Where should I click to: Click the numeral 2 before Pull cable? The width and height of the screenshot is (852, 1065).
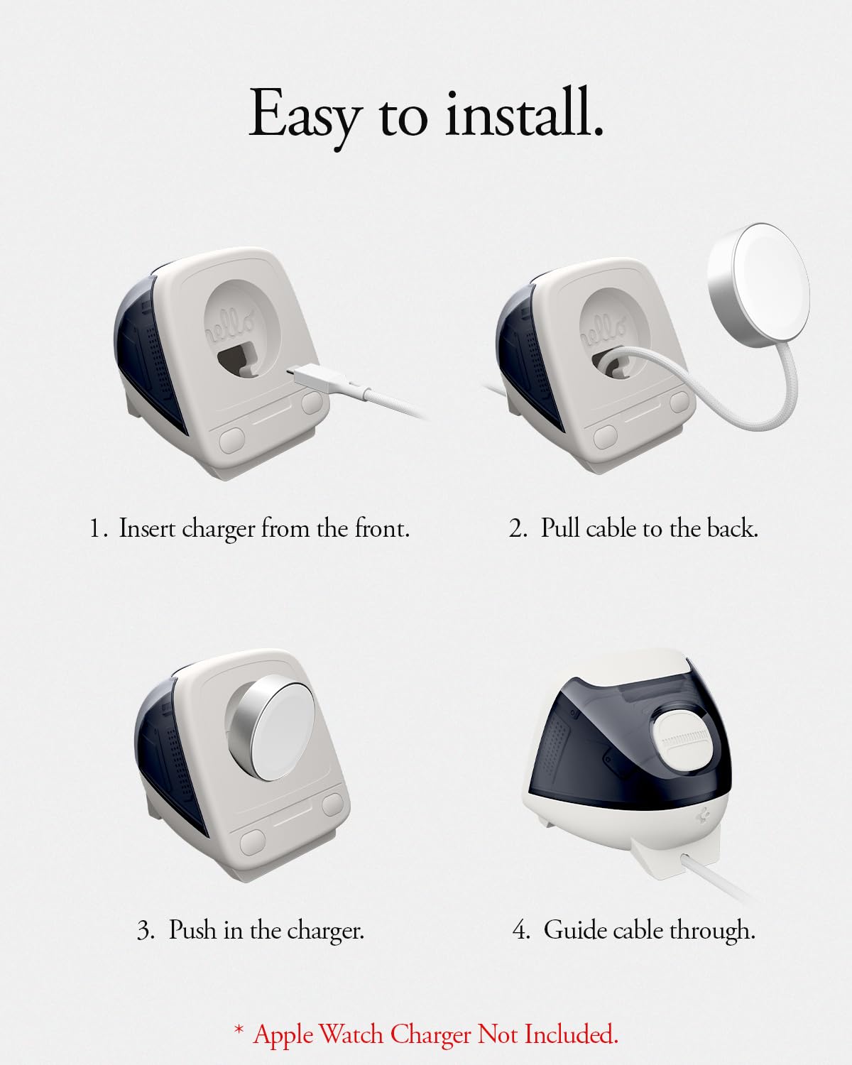[518, 528]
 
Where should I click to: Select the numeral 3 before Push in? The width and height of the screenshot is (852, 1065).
[145, 930]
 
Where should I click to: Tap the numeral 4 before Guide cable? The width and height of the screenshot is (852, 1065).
[521, 930]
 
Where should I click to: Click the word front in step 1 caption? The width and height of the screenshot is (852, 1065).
[382, 528]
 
